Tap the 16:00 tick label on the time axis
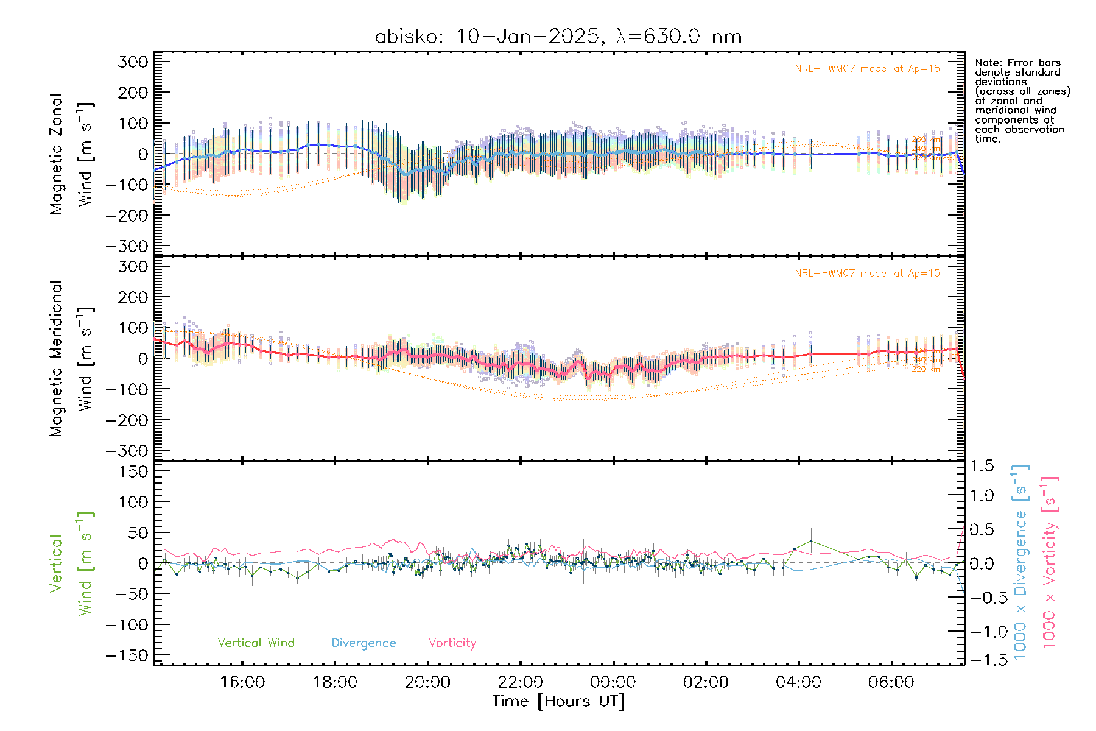click(242, 682)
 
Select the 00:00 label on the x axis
click(613, 682)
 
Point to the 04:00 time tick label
click(798, 682)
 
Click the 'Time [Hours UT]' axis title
click(558, 701)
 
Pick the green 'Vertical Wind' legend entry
click(256, 643)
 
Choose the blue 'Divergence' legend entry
click(364, 643)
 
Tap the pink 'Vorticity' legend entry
click(452, 643)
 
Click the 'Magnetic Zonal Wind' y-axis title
click(72, 154)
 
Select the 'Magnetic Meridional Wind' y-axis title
click(72, 358)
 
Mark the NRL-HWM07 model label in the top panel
click(867, 69)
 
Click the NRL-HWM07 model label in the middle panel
click(867, 274)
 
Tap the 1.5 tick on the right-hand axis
click(982, 466)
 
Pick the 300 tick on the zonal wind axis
click(133, 62)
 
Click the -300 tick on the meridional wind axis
click(127, 451)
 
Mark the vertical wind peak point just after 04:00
click(811, 541)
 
